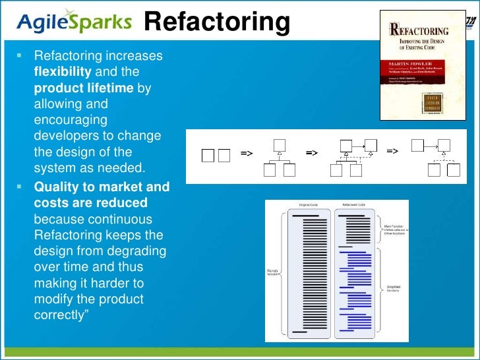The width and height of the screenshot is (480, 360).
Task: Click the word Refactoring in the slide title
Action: (217, 23)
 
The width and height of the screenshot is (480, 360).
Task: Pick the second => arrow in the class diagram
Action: (312, 154)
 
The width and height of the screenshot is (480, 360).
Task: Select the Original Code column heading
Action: (310, 205)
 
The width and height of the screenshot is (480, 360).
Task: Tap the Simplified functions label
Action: (394, 288)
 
